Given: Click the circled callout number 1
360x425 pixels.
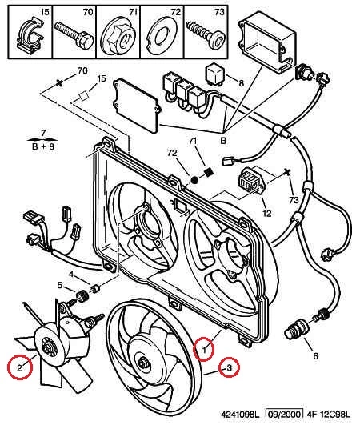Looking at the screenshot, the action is coord(204,349).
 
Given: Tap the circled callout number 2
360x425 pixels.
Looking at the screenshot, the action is coord(19,367).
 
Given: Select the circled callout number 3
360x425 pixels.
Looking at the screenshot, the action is coord(229,368).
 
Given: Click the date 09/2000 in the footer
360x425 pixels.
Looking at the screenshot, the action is coord(284,414).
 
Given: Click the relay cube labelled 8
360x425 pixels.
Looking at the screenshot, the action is coord(215,73).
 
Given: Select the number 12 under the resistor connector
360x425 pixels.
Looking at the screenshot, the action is coord(266,213).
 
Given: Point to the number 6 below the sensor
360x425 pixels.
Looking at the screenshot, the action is coord(315,355).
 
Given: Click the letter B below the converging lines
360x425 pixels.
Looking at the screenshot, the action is coord(223,141).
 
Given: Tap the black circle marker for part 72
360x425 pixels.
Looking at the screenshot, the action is coord(194,180).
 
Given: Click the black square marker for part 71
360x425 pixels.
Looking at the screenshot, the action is coord(208,172).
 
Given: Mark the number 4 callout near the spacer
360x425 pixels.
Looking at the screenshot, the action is coord(70,274).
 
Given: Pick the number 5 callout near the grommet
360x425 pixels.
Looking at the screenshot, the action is coord(60,285).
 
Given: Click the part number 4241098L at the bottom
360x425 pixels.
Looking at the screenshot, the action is coord(240,415).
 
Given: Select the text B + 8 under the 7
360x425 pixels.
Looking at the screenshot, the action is coord(42,146).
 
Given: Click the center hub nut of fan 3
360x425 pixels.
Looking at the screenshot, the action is coord(142,363).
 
